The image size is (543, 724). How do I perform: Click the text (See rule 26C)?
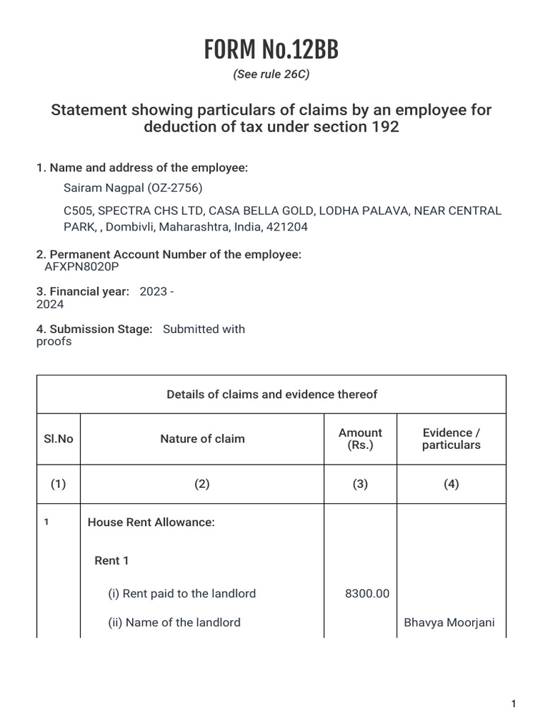coord(271,74)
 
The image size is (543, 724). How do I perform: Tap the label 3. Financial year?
coord(83,291)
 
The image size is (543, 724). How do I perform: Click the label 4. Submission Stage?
coord(94,329)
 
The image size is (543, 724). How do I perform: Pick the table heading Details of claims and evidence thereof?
coord(271,395)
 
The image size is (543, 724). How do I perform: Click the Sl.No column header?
coord(58,439)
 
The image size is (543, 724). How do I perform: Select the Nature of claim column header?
coord(202,439)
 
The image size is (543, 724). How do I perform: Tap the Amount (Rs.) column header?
coord(360,439)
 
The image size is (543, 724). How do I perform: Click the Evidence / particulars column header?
coord(451,439)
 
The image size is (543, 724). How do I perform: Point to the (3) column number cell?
coord(360,484)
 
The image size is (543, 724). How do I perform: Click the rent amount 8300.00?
coord(367,594)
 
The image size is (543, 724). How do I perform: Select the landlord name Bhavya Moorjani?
coord(449,623)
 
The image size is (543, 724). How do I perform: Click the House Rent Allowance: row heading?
coord(151,522)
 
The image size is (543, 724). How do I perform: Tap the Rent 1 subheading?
coord(112,561)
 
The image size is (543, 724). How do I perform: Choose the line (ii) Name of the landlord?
coord(174,623)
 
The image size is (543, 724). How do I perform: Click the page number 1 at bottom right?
coord(514,703)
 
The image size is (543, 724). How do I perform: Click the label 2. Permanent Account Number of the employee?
coord(168,255)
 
